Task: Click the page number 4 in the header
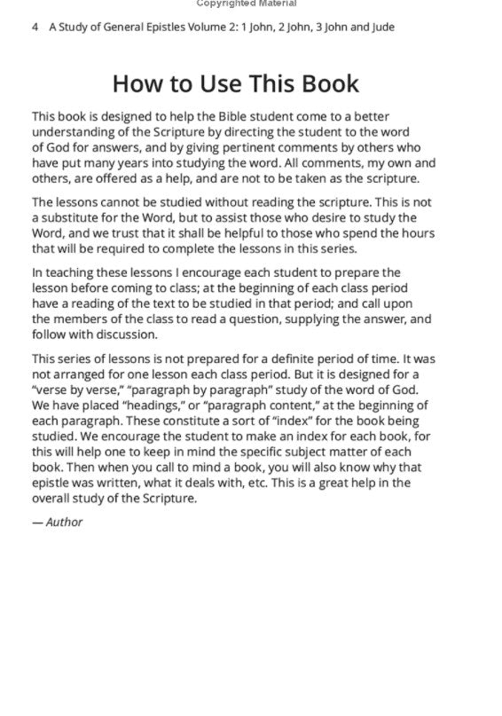coord(35,28)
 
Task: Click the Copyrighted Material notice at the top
coord(250,4)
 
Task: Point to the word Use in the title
coord(209,84)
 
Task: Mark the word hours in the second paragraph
coord(417,233)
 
